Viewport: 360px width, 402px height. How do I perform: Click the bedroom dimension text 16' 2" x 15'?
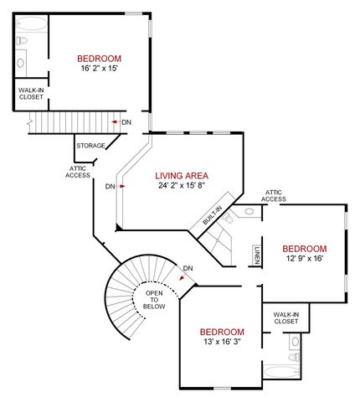pyautogui.click(x=99, y=70)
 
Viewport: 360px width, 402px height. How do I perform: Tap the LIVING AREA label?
pyautogui.click(x=181, y=176)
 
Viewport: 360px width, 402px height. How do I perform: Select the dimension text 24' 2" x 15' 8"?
pyautogui.click(x=181, y=186)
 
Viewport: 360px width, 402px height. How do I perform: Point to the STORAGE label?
pyautogui.click(x=90, y=146)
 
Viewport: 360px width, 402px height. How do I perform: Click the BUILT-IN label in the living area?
pyautogui.click(x=212, y=219)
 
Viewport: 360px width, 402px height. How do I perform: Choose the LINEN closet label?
pyautogui.click(x=256, y=255)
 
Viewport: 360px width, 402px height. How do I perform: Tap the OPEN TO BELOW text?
pyautogui.click(x=154, y=301)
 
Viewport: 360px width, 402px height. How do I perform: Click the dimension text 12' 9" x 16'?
pyautogui.click(x=303, y=259)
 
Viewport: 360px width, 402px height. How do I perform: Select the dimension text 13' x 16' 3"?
pyautogui.click(x=222, y=343)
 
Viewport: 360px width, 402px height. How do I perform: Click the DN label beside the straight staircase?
pyautogui.click(x=126, y=123)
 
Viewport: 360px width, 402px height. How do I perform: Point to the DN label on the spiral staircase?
pyautogui.click(x=188, y=268)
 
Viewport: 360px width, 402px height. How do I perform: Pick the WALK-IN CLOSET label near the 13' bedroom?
pyautogui.click(x=285, y=317)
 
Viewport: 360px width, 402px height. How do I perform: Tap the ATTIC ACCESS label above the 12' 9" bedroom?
pyautogui.click(x=275, y=195)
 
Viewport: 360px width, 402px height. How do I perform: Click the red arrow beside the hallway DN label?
pyautogui.click(x=122, y=187)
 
